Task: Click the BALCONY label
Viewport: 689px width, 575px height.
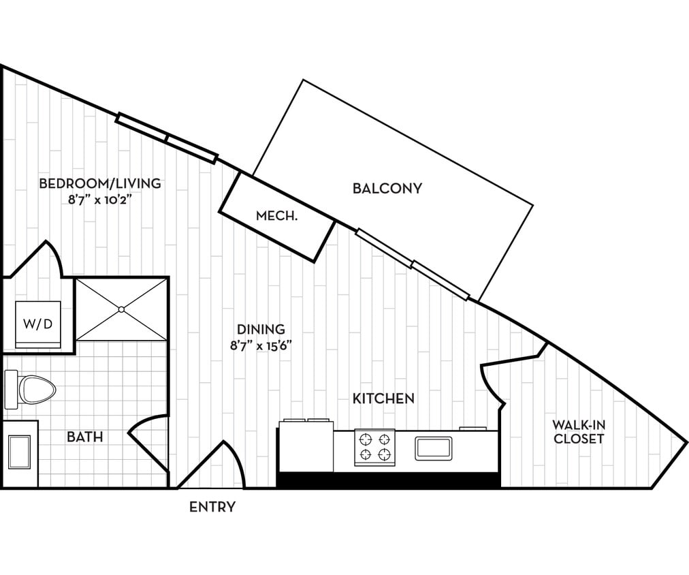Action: tap(387, 188)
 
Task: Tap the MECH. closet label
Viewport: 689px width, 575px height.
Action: tap(276, 217)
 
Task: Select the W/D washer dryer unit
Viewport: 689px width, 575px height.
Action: tap(38, 324)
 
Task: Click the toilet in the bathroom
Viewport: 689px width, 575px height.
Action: tap(30, 390)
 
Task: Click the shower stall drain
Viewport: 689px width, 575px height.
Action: tap(121, 309)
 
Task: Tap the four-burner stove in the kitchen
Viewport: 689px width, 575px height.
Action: tap(374, 448)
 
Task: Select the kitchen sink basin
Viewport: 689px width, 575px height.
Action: tap(434, 448)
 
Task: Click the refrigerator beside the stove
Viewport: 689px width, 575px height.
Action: tap(305, 446)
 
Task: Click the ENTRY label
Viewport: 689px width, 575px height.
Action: tap(212, 507)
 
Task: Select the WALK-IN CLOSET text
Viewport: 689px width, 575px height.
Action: tap(578, 432)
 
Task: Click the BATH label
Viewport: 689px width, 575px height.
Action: tap(85, 437)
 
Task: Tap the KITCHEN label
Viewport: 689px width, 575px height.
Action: tap(383, 399)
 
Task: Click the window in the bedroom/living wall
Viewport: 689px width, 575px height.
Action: tap(167, 138)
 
